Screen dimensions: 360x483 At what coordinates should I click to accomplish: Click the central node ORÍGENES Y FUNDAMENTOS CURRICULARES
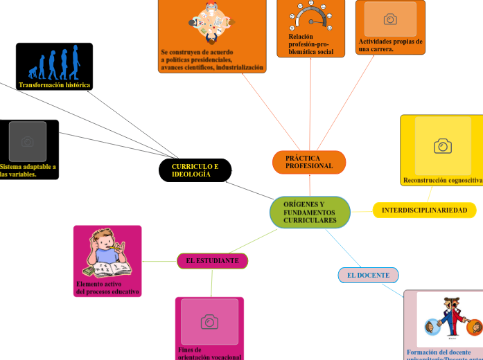pos(310,213)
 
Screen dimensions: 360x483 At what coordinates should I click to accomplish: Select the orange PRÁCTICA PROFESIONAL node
pos(309,162)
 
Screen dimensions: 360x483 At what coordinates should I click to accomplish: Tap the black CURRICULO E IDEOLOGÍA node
pos(195,170)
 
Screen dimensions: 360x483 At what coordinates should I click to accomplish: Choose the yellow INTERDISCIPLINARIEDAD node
pos(424,210)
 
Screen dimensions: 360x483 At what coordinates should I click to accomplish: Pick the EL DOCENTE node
pos(368,275)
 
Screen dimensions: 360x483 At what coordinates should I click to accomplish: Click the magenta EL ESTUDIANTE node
pos(212,261)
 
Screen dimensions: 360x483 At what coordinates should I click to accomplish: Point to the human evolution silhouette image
pos(54,63)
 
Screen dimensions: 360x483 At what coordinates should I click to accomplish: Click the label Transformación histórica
pos(54,85)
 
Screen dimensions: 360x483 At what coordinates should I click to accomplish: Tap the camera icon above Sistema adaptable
pos(28,142)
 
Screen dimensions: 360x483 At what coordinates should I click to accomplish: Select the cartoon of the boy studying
pos(107,253)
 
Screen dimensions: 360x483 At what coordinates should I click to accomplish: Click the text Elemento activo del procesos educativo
pos(107,288)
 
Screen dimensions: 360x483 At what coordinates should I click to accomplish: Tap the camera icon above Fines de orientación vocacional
pos(209,321)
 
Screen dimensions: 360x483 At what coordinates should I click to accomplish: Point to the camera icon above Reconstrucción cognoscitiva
pos(442,146)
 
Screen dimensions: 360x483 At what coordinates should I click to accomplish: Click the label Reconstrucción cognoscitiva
pos(443,180)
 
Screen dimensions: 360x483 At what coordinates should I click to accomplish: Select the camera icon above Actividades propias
pos(390,19)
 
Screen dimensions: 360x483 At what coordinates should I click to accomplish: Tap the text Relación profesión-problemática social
pos(310,44)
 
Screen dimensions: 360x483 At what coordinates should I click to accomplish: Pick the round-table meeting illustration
pos(212,21)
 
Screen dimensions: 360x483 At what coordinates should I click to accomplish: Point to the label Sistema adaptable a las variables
pos(28,170)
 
